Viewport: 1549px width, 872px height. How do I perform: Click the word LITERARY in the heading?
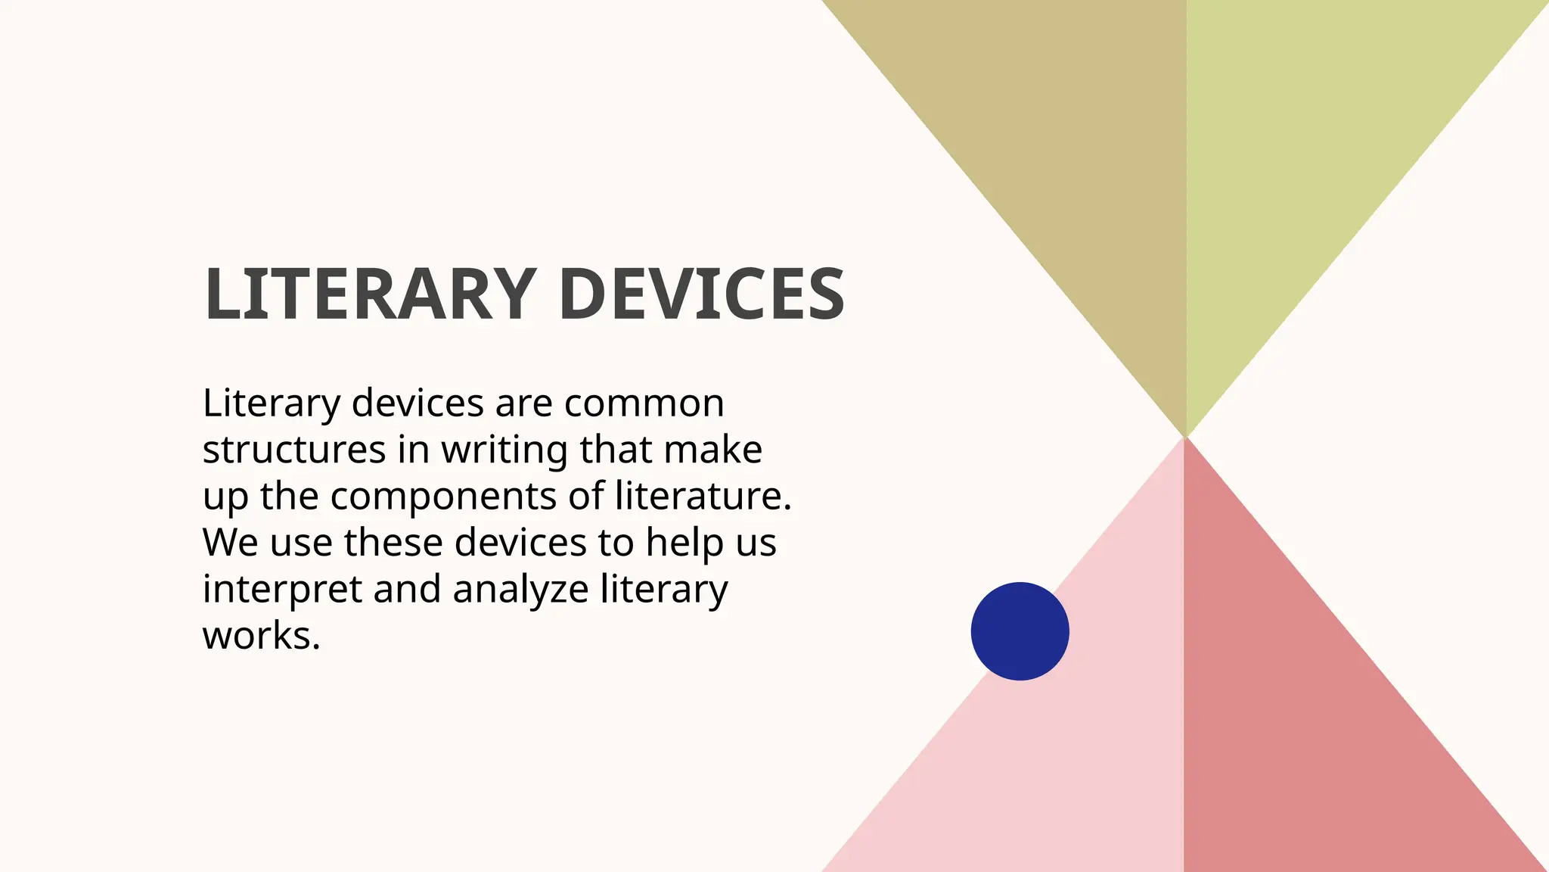tap(370, 294)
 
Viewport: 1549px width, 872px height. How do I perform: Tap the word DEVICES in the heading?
tap(702, 294)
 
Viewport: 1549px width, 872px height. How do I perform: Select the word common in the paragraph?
tap(644, 403)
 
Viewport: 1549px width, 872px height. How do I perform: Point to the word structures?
tap(294, 450)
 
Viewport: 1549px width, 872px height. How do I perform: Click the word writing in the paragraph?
tap(504, 451)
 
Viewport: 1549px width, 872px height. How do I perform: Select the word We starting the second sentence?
tap(230, 543)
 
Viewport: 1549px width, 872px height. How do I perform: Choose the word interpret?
tap(282, 590)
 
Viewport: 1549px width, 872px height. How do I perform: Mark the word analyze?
tap(520, 590)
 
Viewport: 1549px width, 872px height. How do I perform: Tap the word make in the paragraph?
tap(712, 450)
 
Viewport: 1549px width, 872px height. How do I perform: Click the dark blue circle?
tap(1020, 631)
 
